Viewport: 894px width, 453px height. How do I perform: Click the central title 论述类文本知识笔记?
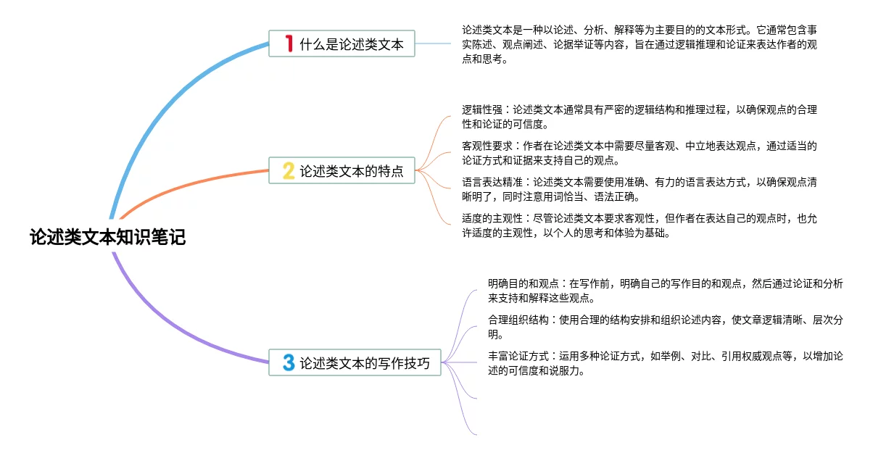[x=107, y=237]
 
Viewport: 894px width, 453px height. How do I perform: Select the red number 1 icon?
[x=289, y=43]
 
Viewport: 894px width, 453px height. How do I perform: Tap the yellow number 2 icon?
[x=289, y=171]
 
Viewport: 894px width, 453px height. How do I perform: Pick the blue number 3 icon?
[x=289, y=362]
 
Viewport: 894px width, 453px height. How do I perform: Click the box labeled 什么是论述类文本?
[x=342, y=43]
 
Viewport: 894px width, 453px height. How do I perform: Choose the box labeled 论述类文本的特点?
[x=342, y=170]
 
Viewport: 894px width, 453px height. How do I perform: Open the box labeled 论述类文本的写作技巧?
[x=355, y=362]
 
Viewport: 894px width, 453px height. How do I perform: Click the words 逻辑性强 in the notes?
[x=481, y=109]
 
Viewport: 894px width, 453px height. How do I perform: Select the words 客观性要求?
[x=487, y=146]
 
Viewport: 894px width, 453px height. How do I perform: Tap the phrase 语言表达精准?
[x=492, y=183]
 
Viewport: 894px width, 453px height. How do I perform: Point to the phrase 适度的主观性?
[x=492, y=219]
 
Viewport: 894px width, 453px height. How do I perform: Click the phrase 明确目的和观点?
[x=523, y=284]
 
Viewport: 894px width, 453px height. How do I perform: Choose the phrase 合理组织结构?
[x=518, y=320]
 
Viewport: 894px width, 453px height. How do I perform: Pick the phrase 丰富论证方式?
[x=518, y=357]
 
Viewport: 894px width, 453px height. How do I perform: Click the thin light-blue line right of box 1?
[x=433, y=43]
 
